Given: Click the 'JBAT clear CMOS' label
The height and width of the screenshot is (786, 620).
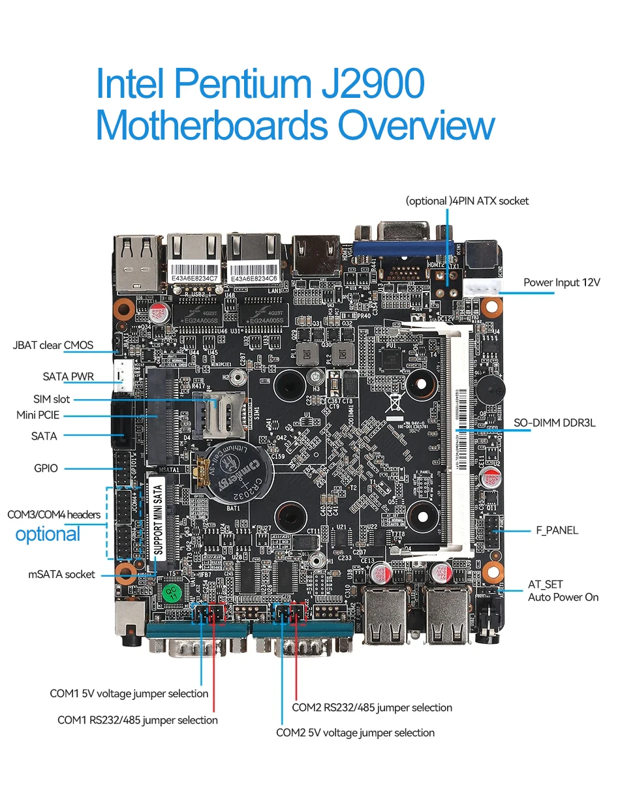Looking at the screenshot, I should coord(53,345).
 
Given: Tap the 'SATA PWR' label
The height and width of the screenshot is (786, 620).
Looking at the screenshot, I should coord(69,376).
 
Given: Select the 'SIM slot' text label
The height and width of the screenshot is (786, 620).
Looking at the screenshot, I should coord(52,399).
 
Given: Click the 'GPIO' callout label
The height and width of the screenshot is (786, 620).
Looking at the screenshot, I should coord(46,468).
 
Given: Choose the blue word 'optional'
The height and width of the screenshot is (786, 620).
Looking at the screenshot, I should coord(48,534).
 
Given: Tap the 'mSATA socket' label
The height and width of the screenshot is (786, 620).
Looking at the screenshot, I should coord(61,574).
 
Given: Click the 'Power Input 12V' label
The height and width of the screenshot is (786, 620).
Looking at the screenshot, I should coord(561,282).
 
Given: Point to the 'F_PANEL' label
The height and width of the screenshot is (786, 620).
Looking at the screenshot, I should coord(557,530).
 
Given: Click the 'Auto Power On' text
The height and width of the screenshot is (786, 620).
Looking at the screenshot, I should coord(563,597).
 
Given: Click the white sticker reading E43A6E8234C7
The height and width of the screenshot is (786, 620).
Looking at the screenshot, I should coord(193,277).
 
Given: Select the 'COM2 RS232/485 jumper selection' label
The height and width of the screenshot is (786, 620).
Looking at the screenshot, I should coord(371,707).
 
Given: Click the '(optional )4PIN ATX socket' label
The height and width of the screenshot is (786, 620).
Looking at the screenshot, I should coord(467,201).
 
